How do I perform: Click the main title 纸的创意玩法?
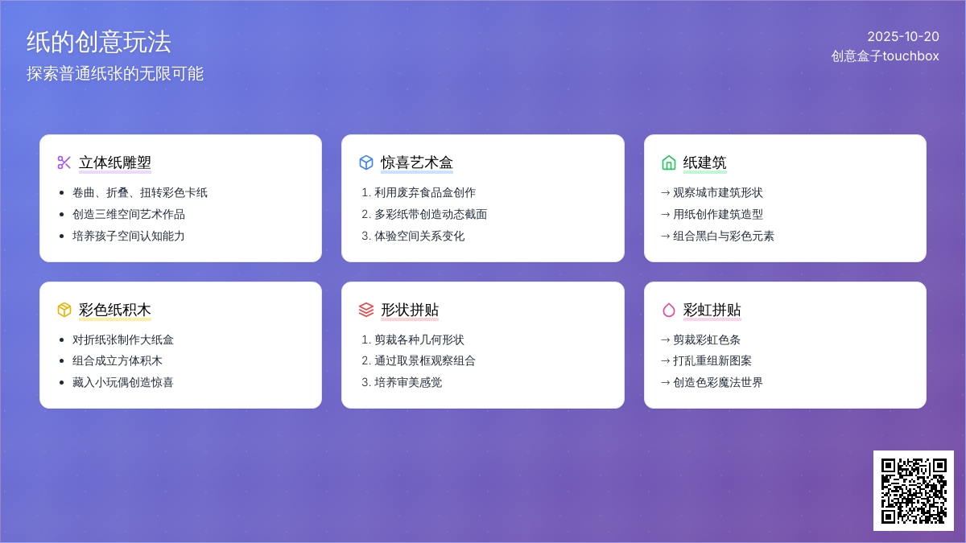pos(99,42)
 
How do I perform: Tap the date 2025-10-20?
pos(903,37)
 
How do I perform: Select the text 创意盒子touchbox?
pos(885,56)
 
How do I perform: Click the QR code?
pos(914,491)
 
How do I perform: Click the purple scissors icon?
pos(64,162)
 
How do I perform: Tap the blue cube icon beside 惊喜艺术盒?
pos(366,162)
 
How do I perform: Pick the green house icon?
pos(668,162)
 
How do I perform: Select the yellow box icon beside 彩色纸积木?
pos(64,310)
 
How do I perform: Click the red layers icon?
pos(366,310)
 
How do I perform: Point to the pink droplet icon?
pos(668,310)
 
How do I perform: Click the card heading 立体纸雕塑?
pos(114,162)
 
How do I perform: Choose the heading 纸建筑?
pos(704,162)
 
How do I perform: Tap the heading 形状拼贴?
pos(410,310)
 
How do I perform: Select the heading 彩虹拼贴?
pos(712,310)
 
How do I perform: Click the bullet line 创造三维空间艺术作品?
pos(129,214)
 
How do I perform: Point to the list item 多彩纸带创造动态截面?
pos(431,214)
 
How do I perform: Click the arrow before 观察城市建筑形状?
pos(666,193)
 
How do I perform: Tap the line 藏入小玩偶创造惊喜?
pos(123,382)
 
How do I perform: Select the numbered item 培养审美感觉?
pos(408,382)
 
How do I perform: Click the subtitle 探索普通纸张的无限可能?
pos(114,74)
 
